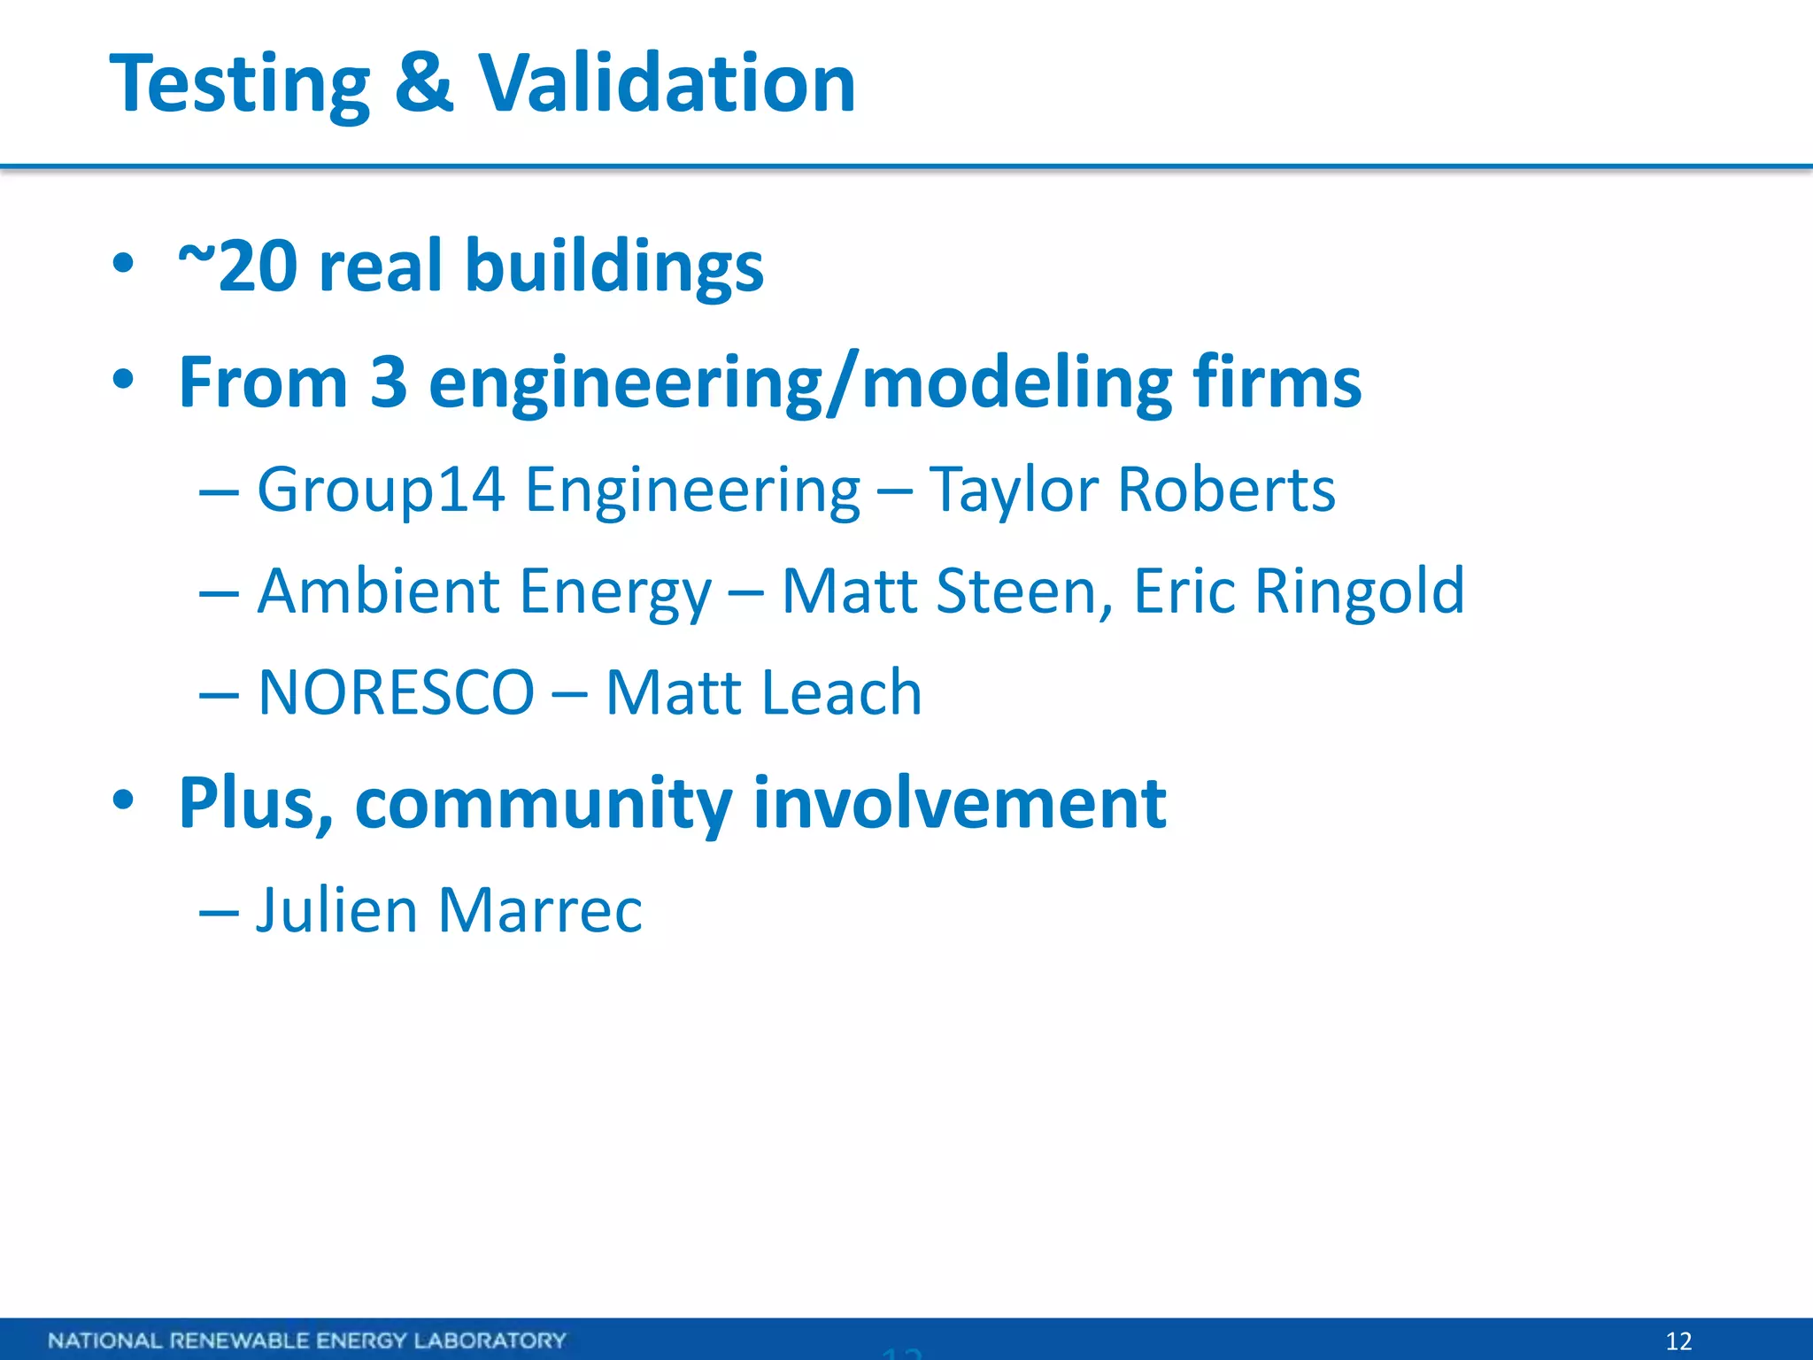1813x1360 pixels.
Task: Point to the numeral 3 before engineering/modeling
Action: click(x=388, y=382)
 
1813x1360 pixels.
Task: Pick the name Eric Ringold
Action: click(x=1299, y=591)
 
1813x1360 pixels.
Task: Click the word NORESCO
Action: click(x=396, y=693)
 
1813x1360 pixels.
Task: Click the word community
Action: click(x=543, y=804)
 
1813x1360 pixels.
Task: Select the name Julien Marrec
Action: click(x=449, y=910)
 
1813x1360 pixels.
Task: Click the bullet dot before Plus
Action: click(x=123, y=800)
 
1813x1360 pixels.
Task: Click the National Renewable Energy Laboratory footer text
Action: click(x=306, y=1340)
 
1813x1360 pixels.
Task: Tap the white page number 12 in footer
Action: click(x=1678, y=1341)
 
